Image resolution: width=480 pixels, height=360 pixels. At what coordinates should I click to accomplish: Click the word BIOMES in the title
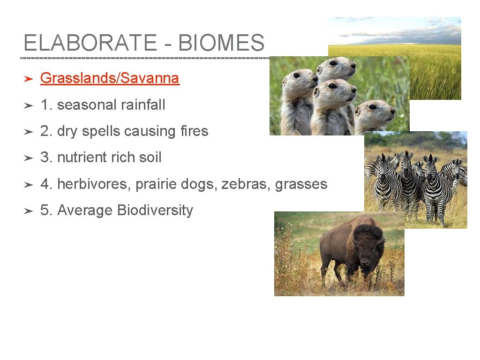(221, 43)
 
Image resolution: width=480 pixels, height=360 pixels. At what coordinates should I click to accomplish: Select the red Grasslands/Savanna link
(110, 78)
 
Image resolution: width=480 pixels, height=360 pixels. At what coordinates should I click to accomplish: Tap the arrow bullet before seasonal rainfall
(28, 105)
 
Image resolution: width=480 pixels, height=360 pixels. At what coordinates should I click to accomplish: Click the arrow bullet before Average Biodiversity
(28, 211)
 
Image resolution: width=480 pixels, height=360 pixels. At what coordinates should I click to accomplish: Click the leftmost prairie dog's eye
(296, 75)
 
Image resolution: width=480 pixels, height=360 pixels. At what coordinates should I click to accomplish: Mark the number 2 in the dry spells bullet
(45, 131)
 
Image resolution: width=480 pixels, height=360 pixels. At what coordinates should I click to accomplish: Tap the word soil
(150, 157)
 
